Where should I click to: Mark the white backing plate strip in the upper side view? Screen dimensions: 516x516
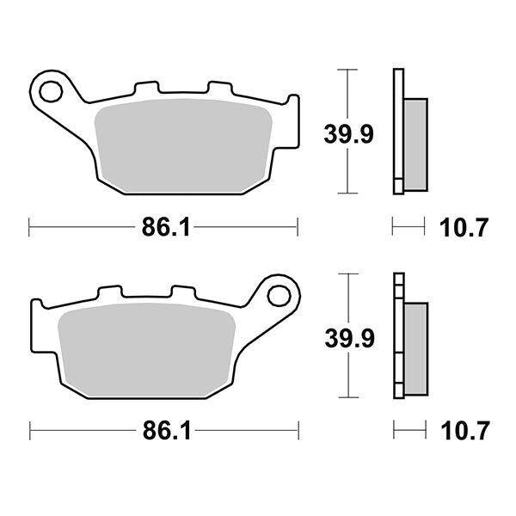tap(397, 129)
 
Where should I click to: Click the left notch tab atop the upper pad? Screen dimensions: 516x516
tap(147, 88)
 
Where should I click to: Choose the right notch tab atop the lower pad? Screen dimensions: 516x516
tap(181, 292)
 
